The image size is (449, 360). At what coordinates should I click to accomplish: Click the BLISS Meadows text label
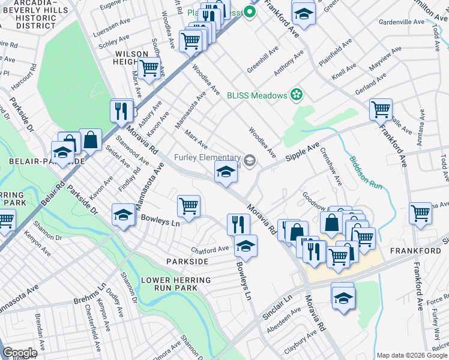click(x=256, y=95)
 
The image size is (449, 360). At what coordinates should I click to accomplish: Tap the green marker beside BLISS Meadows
click(x=295, y=94)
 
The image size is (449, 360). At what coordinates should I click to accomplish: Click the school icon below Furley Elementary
click(x=226, y=173)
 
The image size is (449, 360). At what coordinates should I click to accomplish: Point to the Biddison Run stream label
click(x=364, y=173)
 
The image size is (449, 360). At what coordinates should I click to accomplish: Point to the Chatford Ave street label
click(x=210, y=249)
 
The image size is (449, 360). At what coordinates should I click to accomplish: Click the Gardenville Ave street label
click(x=401, y=22)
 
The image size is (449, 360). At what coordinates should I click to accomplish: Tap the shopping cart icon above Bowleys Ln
click(x=188, y=206)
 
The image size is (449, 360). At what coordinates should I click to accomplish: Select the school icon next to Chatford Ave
click(x=245, y=245)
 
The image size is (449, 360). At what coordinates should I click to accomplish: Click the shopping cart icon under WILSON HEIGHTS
click(x=149, y=68)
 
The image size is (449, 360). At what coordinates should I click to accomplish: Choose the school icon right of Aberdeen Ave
click(x=343, y=297)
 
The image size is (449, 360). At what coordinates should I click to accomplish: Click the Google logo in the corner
click(x=19, y=353)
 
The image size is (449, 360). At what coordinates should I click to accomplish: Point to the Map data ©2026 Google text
click(x=412, y=355)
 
